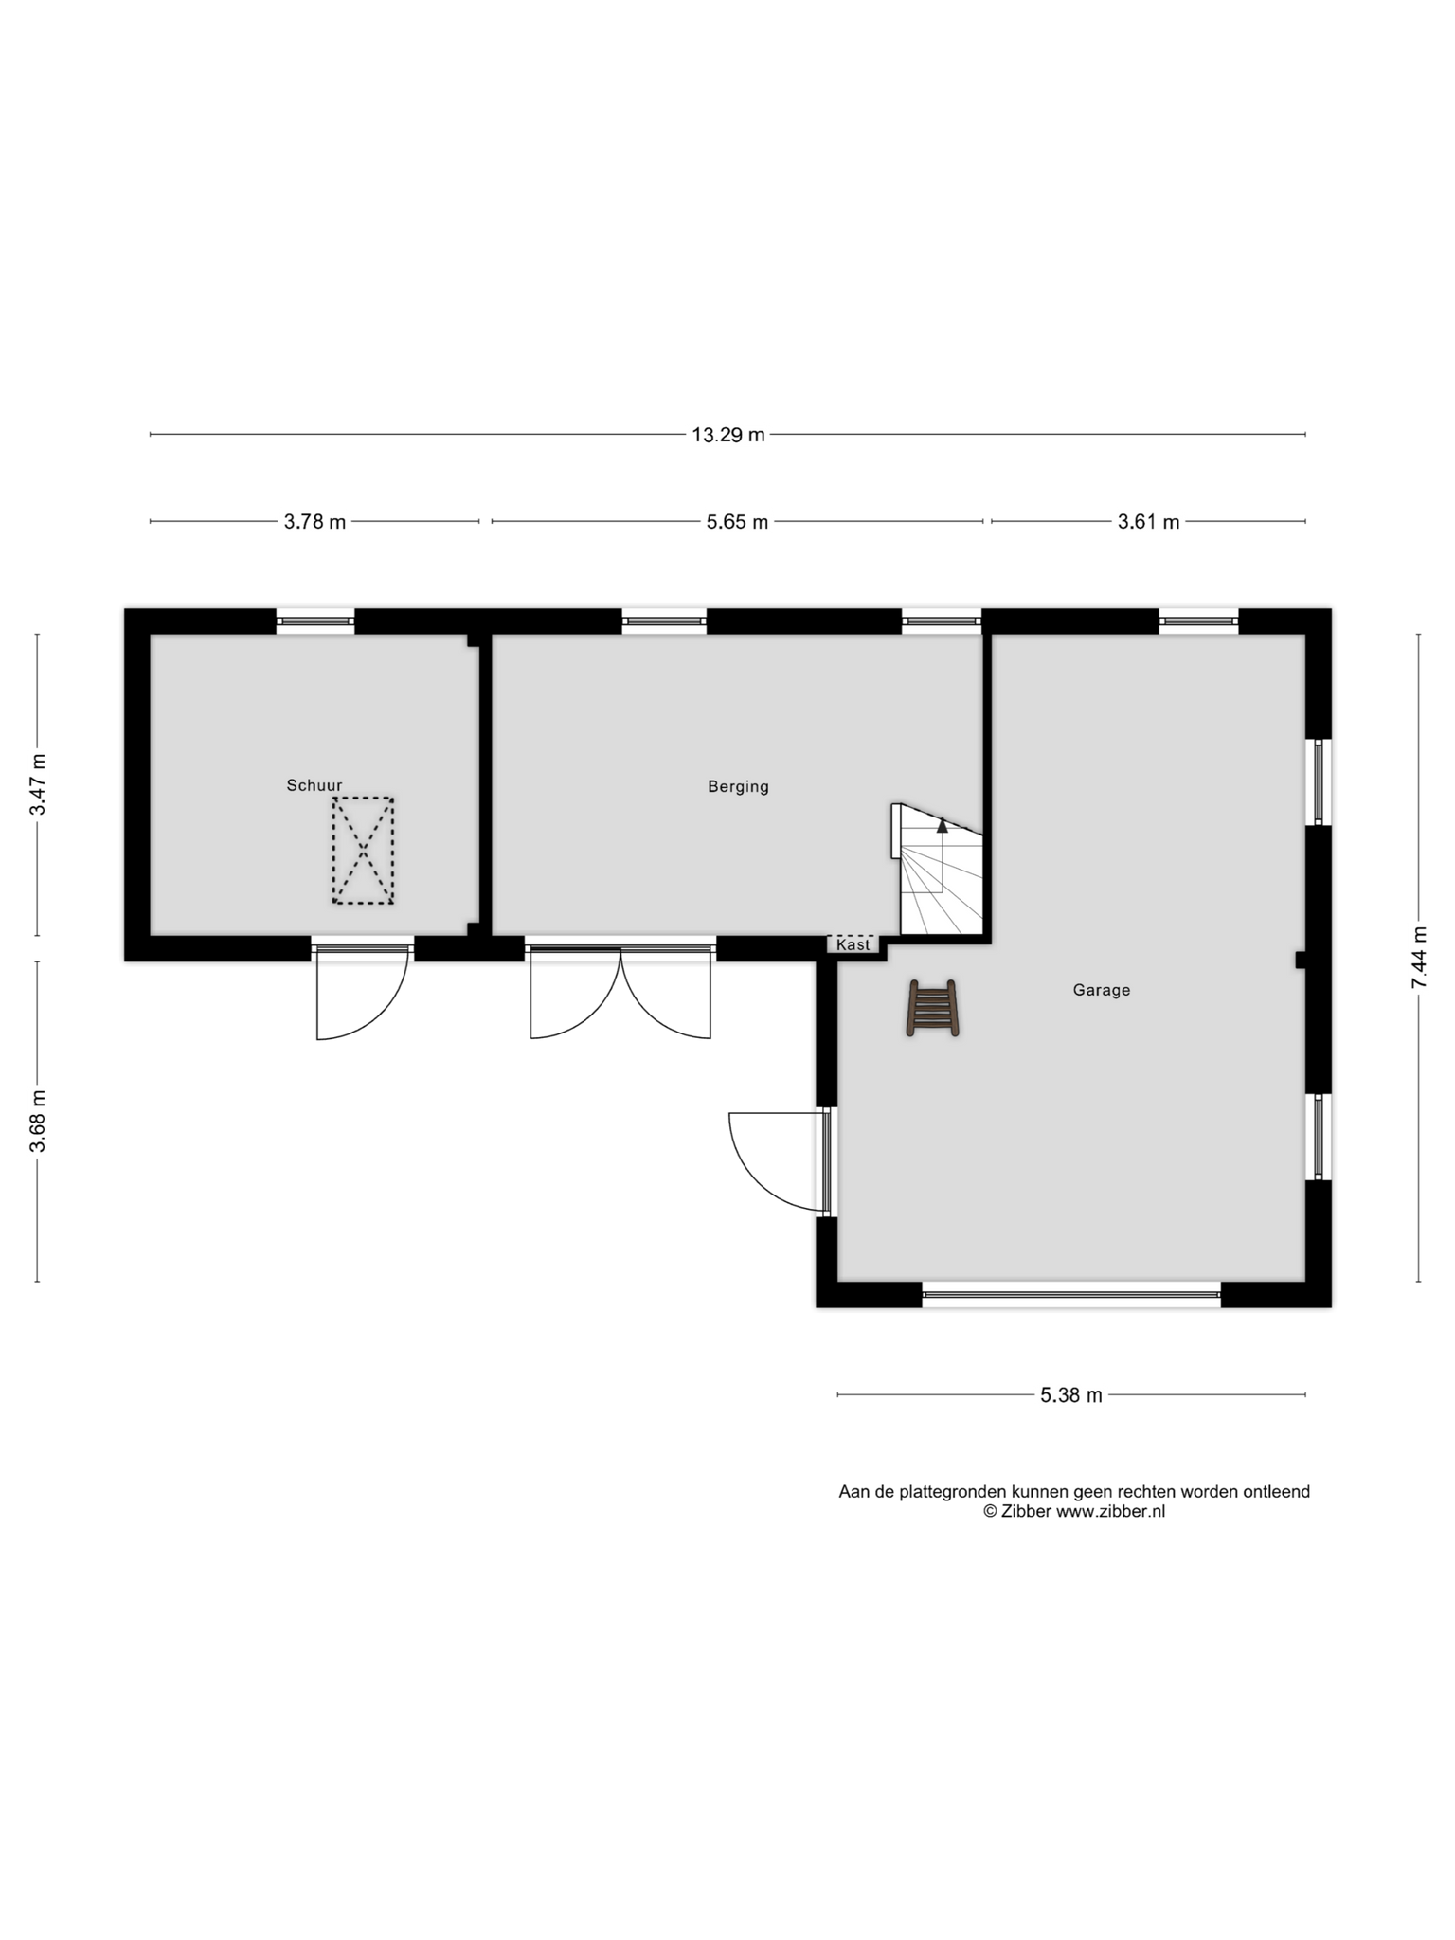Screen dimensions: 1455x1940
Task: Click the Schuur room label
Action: [x=314, y=785]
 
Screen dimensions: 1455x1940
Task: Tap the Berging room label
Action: [x=738, y=786]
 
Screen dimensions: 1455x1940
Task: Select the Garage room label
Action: [x=1101, y=990]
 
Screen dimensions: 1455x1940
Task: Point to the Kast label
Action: [x=853, y=944]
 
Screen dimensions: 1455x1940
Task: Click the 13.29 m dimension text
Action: [x=727, y=435]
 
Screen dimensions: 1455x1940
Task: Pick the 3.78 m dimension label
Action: [x=314, y=521]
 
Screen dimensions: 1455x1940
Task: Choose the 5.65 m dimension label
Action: [x=737, y=521]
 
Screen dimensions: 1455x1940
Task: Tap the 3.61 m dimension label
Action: [x=1148, y=521]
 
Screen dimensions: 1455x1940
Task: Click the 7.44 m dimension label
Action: [x=1418, y=958]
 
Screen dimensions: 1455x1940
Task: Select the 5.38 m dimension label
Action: [x=1070, y=1394]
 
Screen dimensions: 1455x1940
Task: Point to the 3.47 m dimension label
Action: [x=37, y=784]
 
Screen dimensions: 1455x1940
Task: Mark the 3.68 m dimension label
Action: [x=37, y=1122]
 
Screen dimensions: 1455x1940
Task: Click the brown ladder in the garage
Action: [x=933, y=1008]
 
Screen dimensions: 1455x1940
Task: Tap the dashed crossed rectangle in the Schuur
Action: [x=363, y=851]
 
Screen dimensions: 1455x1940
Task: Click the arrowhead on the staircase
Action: [x=942, y=825]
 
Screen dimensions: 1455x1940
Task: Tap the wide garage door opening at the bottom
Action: [x=1071, y=1294]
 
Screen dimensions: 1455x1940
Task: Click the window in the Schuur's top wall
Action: [x=315, y=621]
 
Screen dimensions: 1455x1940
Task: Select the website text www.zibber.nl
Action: [x=1110, y=1511]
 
